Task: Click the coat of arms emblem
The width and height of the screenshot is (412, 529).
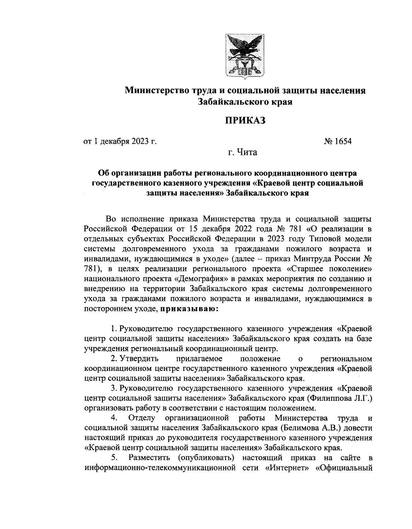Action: point(244,55)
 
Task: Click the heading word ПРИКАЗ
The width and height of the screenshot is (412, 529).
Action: point(245,121)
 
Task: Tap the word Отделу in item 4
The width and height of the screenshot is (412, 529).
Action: point(141,418)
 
